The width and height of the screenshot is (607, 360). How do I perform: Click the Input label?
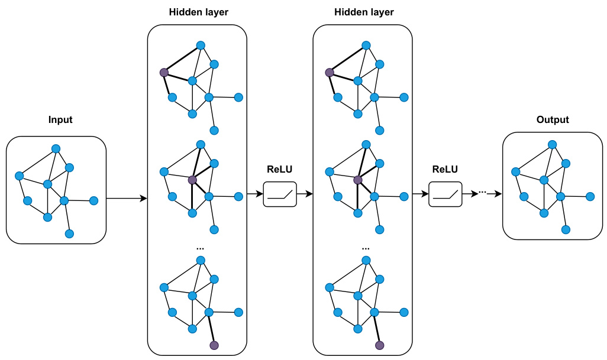pos(60,120)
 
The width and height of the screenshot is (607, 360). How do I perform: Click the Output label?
pos(553,120)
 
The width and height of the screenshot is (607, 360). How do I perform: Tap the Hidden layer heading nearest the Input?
pos(199,12)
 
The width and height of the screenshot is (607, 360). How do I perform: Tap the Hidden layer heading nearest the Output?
pos(364,12)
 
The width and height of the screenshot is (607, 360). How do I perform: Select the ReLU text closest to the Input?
pos(280,170)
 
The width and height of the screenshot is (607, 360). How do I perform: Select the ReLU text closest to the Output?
pos(445,170)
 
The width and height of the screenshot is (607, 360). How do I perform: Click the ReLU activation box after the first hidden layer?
pos(280,194)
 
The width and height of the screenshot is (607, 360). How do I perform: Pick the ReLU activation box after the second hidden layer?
pos(445,194)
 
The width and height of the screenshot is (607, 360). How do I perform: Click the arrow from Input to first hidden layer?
pos(127,199)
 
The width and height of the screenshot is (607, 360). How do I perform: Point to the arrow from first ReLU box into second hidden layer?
pos(304,194)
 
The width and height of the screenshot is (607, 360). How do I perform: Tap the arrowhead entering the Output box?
pos(499,194)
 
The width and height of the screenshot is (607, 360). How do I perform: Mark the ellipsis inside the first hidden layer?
pos(199,247)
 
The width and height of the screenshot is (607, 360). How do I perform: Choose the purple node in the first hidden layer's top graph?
pos(164,72)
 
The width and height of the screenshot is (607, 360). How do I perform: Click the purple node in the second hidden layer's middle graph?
pos(357,180)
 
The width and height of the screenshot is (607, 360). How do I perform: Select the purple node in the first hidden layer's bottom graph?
pos(214,345)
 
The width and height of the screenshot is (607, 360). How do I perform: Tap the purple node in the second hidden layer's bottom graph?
pos(380,345)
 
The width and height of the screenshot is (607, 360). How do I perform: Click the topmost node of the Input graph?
pos(56,148)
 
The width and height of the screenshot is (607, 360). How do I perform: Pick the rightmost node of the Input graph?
pos(93,200)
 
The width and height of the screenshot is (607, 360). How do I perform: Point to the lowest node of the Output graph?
pos(566,229)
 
